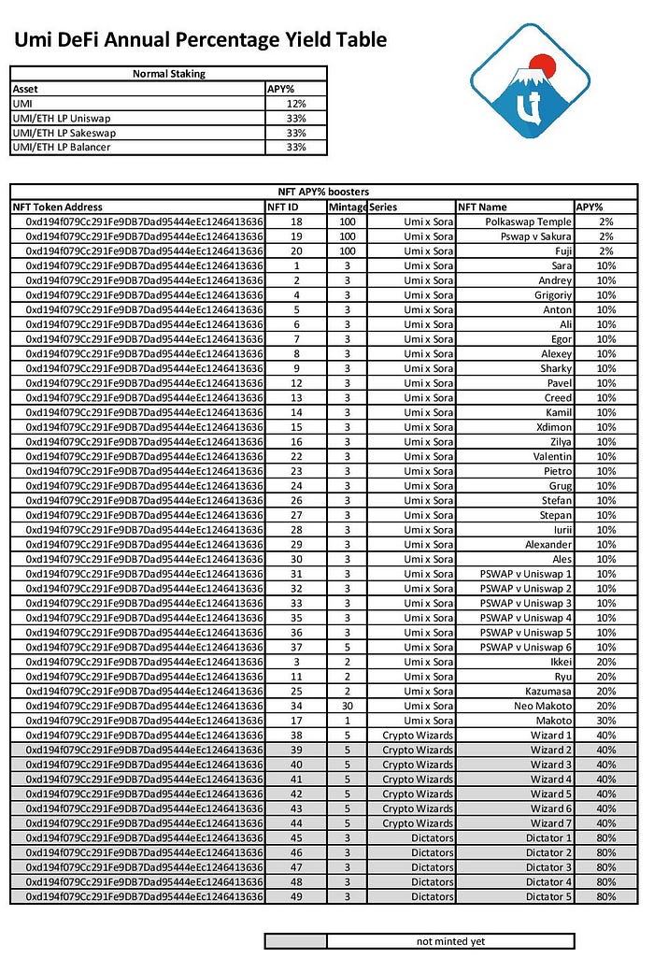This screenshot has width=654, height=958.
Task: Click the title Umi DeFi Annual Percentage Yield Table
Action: pos(200,39)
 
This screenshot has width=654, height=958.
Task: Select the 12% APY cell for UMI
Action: pos(296,103)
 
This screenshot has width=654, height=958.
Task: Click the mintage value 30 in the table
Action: pos(347,706)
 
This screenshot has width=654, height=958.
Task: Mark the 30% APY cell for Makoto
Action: pos(606,721)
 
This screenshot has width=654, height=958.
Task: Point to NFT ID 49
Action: pos(296,896)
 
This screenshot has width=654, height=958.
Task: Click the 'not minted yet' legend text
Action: pos(449,941)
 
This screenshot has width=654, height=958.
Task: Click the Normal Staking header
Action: pos(169,73)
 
